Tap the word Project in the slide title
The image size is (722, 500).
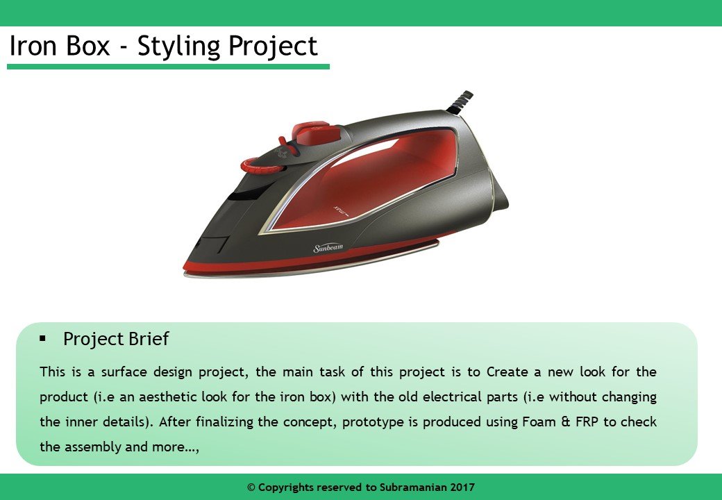pos(273,47)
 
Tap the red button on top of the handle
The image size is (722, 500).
pos(316,130)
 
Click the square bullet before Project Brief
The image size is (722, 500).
pos(43,338)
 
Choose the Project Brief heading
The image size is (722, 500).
pos(116,339)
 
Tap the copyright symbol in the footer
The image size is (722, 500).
pos(251,487)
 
